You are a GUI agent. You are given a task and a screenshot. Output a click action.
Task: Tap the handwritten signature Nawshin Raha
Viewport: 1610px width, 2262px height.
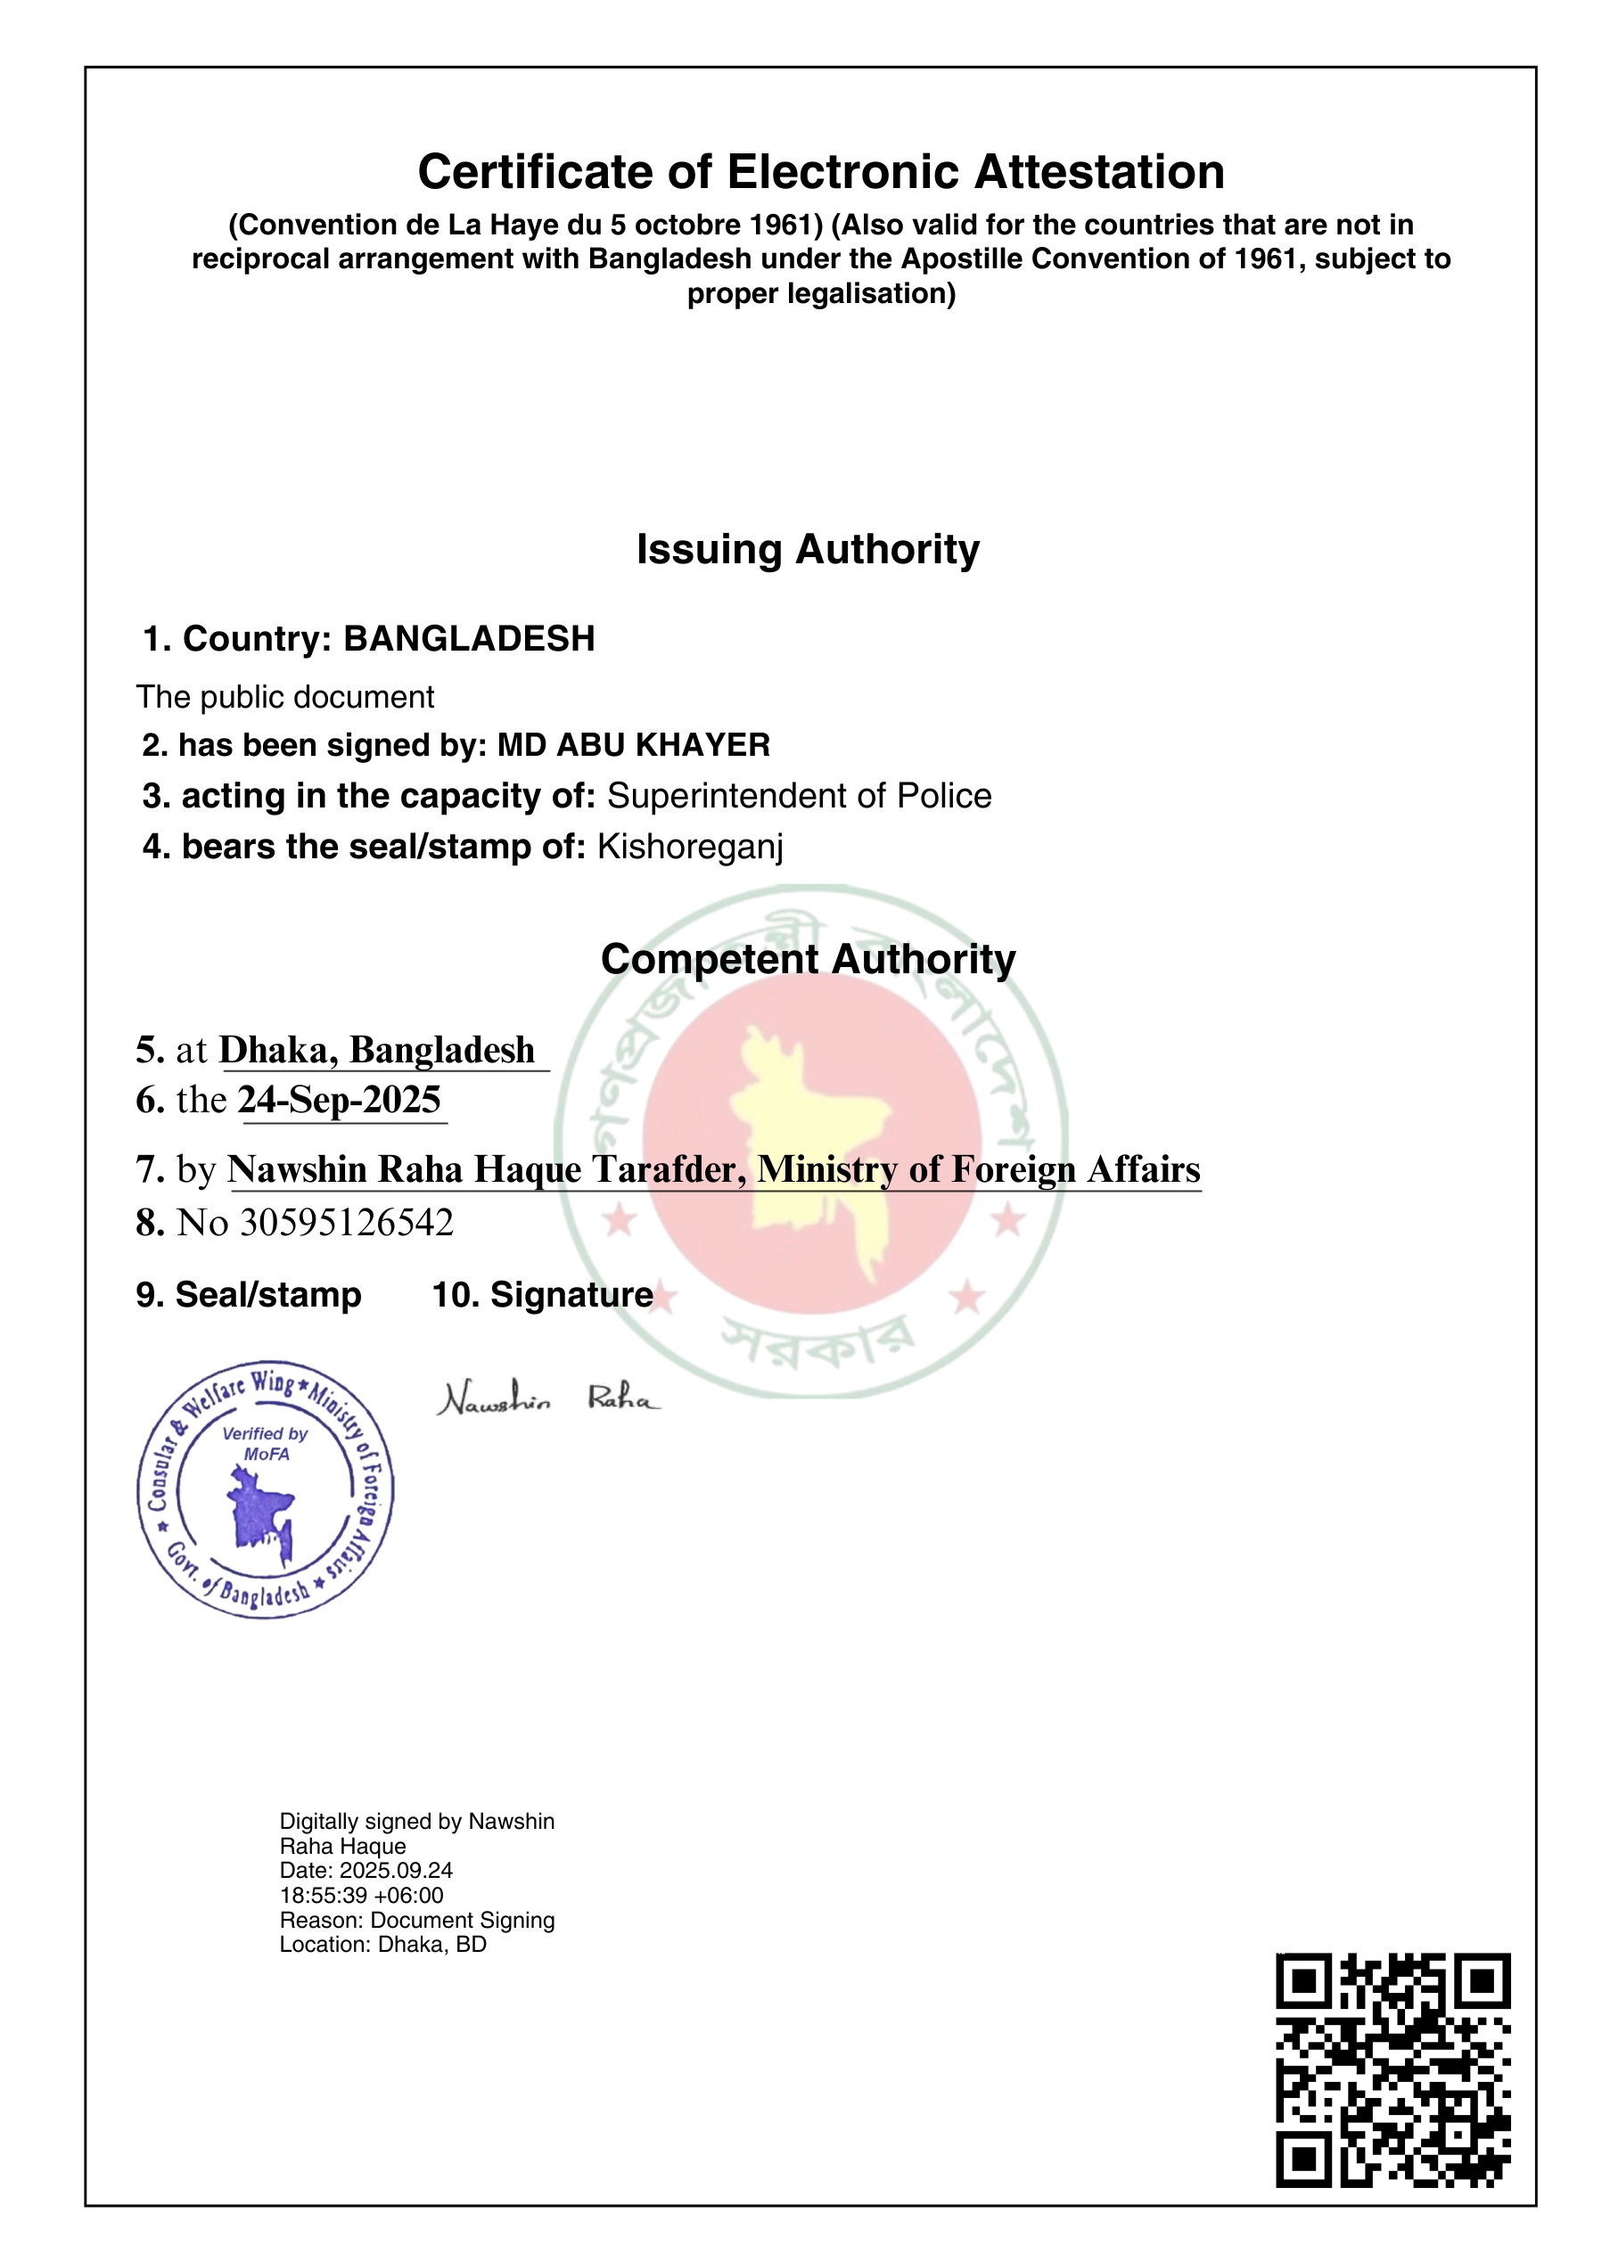[x=547, y=1398]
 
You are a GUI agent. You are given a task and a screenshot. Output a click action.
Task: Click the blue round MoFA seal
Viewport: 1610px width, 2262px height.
[x=265, y=1488]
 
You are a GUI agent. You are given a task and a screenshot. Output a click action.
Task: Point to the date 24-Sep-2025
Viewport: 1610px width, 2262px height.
[x=340, y=1101]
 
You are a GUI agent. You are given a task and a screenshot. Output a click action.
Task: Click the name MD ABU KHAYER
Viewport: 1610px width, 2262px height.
[x=634, y=745]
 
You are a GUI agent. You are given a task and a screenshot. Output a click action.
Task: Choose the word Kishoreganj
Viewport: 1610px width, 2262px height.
[x=690, y=847]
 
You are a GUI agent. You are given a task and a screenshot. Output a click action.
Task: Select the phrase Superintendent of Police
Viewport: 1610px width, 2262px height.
[x=799, y=796]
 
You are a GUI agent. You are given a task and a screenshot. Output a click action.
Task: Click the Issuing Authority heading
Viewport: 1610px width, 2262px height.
[x=808, y=549]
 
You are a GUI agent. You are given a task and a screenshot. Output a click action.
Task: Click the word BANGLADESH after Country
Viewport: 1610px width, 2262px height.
[x=469, y=639]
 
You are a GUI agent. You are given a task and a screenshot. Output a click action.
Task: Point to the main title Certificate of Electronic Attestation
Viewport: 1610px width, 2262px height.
[x=821, y=173]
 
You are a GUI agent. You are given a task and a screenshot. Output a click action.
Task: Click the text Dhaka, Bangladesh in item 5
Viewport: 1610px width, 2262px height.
[x=377, y=1050]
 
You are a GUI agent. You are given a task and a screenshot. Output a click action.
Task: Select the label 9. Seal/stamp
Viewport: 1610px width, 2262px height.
[x=249, y=1295]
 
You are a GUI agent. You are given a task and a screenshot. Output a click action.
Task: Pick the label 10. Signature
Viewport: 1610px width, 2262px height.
[x=542, y=1295]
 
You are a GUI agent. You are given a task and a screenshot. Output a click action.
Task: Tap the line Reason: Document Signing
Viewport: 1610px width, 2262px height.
[x=416, y=1920]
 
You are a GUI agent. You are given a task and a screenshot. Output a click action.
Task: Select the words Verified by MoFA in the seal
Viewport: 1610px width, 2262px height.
[x=266, y=1443]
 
